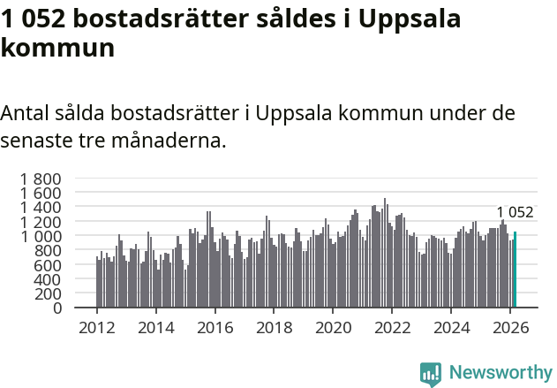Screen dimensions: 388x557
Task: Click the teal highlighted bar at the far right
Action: tap(515, 270)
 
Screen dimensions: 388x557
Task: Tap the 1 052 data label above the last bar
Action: tap(515, 212)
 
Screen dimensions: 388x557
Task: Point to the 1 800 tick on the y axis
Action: tap(41, 179)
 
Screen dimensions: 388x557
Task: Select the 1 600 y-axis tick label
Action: tap(41, 193)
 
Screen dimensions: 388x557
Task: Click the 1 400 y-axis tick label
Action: tap(41, 208)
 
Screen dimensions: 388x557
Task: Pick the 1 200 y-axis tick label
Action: tap(41, 222)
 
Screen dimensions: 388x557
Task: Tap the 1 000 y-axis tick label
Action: tap(41, 236)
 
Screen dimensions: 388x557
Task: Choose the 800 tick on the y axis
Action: tap(48, 251)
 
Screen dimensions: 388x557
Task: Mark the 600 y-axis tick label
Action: tap(48, 265)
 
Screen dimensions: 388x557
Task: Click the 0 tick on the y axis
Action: tap(57, 308)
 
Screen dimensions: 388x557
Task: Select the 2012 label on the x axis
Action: tap(96, 328)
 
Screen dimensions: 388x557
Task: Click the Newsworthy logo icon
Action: tap(431, 373)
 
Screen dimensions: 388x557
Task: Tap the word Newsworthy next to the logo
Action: tap(500, 373)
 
